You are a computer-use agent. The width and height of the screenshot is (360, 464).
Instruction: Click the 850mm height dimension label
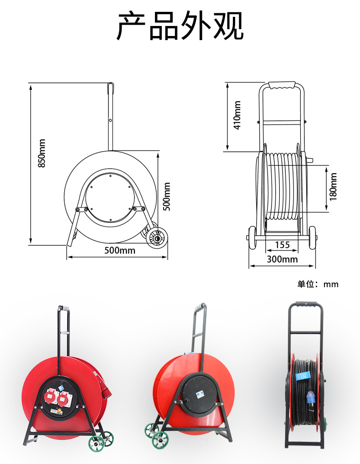(41, 153)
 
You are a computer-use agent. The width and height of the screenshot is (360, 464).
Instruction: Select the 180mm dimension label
(333, 186)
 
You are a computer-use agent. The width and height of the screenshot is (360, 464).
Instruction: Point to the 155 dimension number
(283, 245)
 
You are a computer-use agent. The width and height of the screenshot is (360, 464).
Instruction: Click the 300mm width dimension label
(282, 259)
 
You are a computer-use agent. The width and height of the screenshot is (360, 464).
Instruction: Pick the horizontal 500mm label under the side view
(120, 250)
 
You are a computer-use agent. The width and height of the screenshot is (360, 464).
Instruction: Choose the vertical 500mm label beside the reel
(167, 196)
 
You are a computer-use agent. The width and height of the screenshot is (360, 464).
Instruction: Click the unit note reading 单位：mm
(318, 284)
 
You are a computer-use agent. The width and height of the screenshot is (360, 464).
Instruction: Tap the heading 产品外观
(180, 26)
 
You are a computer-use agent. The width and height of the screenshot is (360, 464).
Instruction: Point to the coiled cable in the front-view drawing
(283, 187)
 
